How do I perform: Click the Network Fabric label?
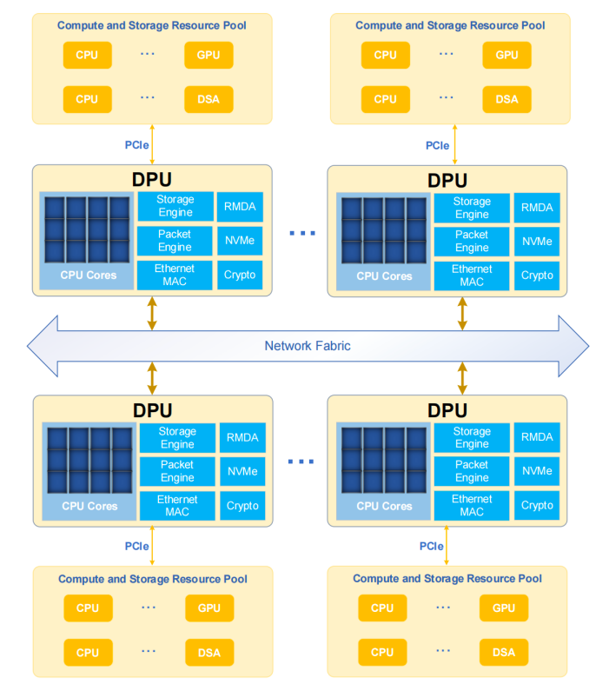[x=308, y=346]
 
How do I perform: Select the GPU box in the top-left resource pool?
[x=209, y=56]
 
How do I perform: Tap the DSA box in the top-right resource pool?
[x=506, y=99]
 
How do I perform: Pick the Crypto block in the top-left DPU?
[x=240, y=275]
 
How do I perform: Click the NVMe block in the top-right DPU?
[x=537, y=242]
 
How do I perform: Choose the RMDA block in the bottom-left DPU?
[x=242, y=438]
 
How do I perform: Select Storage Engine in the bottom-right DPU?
[x=472, y=438]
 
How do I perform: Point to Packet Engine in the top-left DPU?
[x=175, y=241]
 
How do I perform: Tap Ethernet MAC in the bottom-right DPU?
[x=472, y=505]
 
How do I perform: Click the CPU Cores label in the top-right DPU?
[x=384, y=276]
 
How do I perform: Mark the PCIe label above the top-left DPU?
[x=137, y=144]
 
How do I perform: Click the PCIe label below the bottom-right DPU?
[x=432, y=547]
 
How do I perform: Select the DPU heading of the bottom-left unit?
[x=152, y=410]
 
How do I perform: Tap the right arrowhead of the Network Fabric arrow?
[x=574, y=346]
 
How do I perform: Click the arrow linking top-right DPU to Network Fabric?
[x=462, y=313]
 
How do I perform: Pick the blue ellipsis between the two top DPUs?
[x=301, y=233]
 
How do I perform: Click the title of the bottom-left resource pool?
[x=152, y=579]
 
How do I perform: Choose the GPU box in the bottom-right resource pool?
[x=504, y=608]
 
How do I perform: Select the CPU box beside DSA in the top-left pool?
[x=87, y=99]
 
